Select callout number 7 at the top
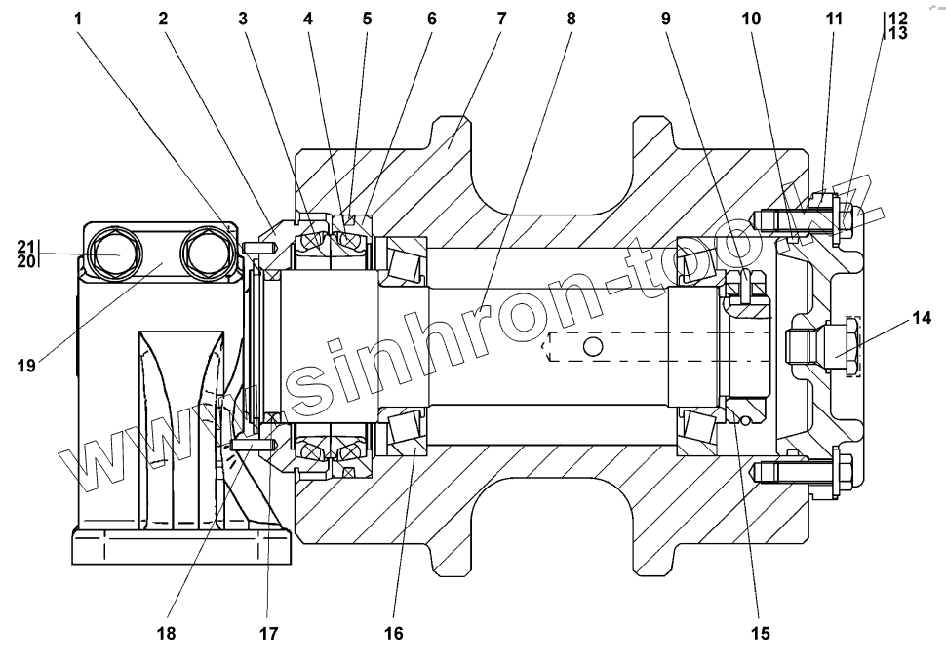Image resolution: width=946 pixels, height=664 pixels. tap(500, 19)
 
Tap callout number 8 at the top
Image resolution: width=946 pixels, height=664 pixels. tap(571, 19)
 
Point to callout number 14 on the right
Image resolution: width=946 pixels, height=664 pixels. tap(921, 318)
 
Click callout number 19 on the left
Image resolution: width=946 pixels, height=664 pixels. tap(26, 366)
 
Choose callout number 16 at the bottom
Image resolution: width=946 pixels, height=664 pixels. tap(393, 634)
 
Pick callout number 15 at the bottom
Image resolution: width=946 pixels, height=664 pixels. tap(760, 634)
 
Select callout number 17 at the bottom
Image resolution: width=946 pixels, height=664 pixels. tap(269, 634)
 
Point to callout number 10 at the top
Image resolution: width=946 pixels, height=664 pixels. tap(751, 19)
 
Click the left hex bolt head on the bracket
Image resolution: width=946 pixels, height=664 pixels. tap(112, 253)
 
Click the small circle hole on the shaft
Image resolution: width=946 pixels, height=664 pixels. tap(594, 346)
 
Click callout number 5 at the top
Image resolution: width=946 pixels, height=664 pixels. tap(367, 19)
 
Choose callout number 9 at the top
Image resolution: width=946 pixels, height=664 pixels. tap(666, 19)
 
